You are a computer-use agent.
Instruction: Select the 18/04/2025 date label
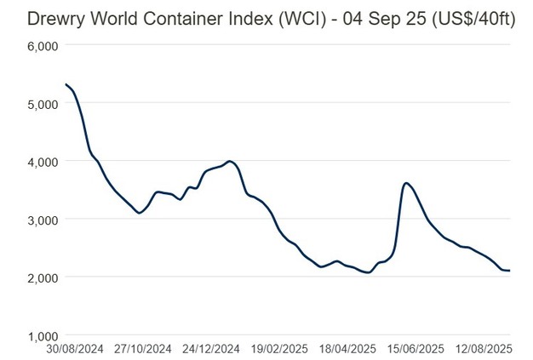(349, 348)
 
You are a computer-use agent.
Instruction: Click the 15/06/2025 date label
(417, 348)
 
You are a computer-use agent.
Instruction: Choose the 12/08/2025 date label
(484, 348)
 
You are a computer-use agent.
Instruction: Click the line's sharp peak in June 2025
(407, 183)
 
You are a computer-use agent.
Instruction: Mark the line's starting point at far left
(66, 84)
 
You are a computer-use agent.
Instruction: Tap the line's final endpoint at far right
(509, 271)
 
